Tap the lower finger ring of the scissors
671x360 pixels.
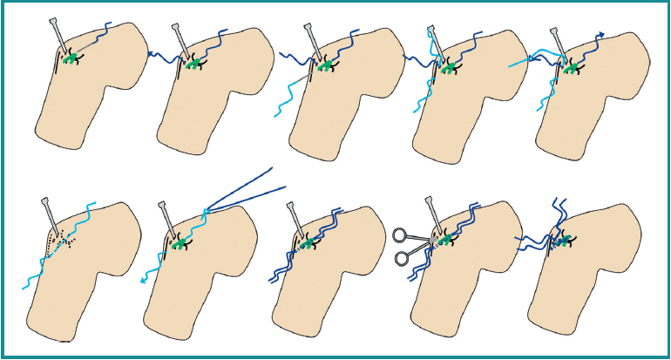(x=402, y=257)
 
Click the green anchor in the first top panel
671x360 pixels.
(x=75, y=59)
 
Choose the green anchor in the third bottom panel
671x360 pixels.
(x=308, y=243)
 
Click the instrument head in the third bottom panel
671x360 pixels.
(x=295, y=210)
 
